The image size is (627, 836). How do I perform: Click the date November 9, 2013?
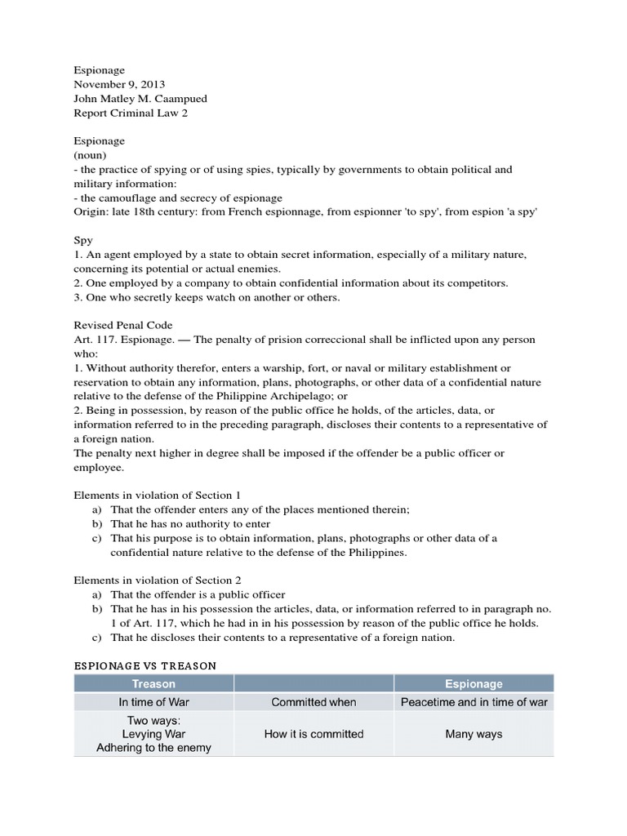coord(113,85)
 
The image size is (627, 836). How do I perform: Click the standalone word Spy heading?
coord(83,241)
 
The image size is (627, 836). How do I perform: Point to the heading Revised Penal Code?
coord(123,325)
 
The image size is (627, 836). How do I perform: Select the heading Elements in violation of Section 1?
coord(157,495)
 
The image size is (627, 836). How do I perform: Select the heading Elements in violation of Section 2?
coord(157,580)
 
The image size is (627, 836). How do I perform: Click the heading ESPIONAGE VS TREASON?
coord(145,665)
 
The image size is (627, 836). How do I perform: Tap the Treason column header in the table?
coord(153,683)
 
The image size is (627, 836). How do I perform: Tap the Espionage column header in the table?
coord(474,683)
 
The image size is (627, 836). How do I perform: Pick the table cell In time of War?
coord(153,702)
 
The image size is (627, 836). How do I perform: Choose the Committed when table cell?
coord(314,702)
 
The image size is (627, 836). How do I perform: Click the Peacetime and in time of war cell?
coord(474,702)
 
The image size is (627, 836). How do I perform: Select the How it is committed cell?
coord(314,734)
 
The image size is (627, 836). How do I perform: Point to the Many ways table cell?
coord(474,734)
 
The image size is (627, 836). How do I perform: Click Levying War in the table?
coord(153,734)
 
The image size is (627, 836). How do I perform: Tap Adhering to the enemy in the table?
coord(153,747)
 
